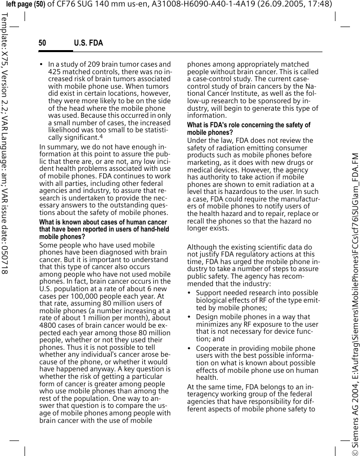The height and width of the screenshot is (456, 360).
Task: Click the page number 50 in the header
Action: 43,43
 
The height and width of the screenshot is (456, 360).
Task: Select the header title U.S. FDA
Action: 88,43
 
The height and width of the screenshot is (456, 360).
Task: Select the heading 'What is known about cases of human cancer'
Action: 103,222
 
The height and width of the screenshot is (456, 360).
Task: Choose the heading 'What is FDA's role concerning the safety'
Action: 248,125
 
